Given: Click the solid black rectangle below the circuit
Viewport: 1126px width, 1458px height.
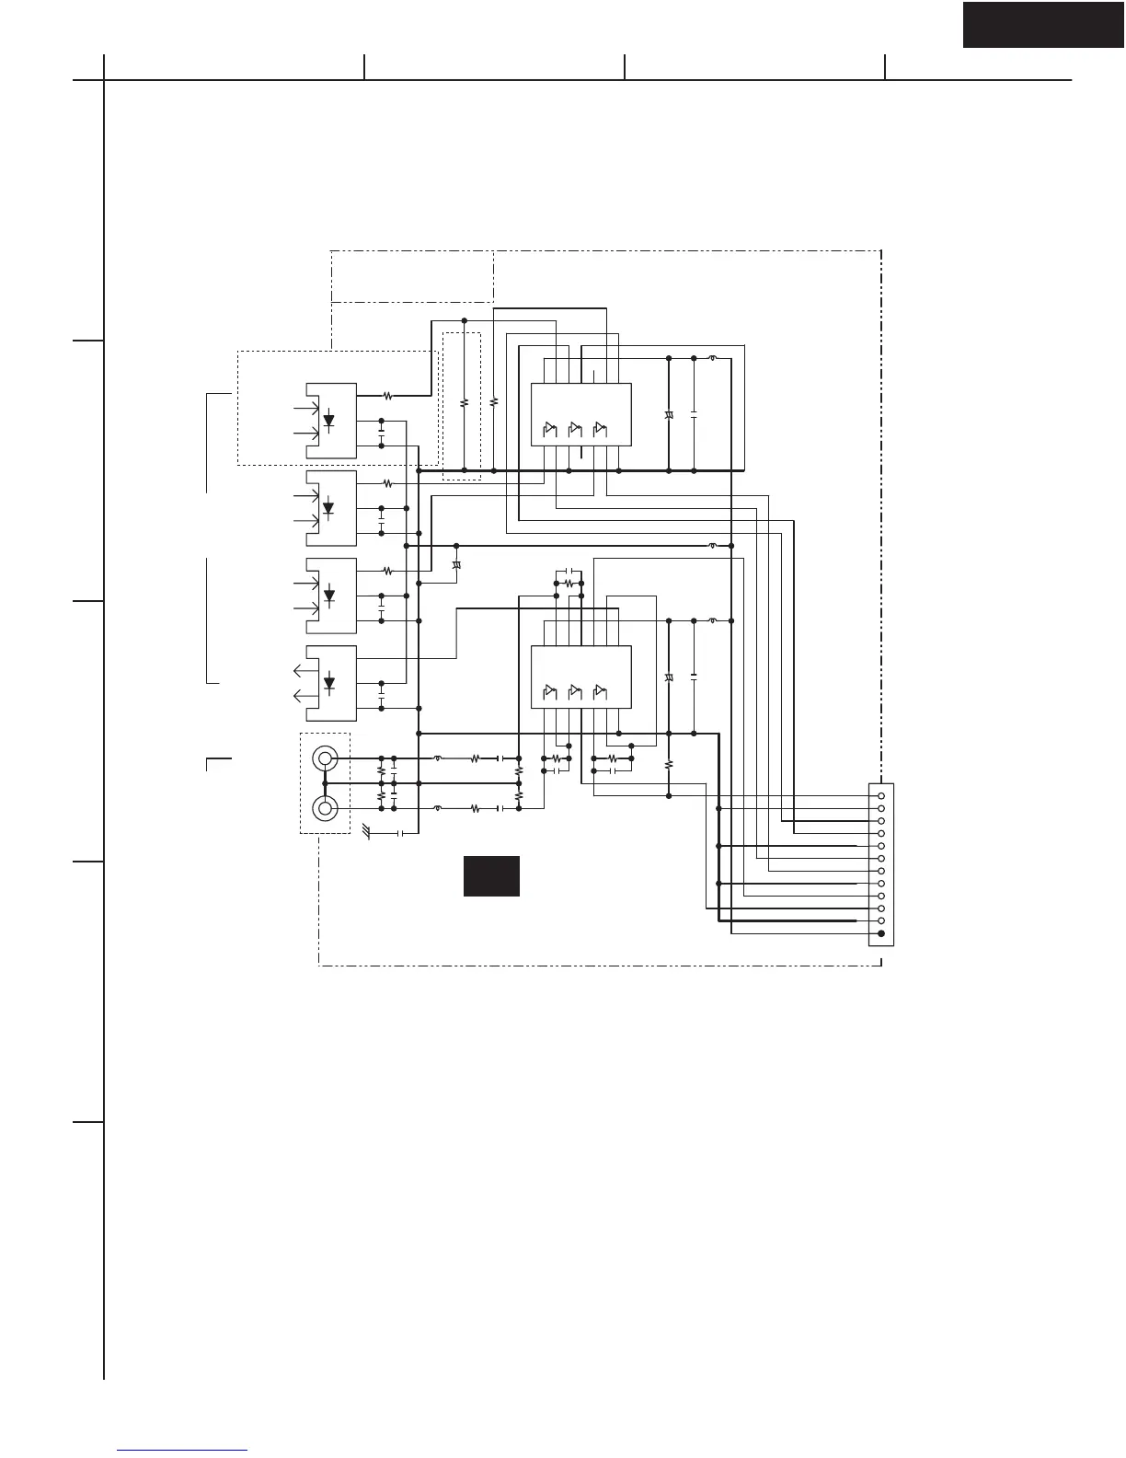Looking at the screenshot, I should tap(491, 875).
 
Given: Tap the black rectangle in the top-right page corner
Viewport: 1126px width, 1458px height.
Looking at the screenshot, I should tap(1043, 24).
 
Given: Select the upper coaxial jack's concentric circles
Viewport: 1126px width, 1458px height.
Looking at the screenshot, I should tap(325, 758).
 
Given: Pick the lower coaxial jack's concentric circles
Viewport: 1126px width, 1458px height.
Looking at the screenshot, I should tap(325, 808).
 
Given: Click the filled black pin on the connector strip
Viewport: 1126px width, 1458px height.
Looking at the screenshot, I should tap(881, 933).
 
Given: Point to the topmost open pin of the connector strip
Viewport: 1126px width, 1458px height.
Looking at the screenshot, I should tap(881, 795).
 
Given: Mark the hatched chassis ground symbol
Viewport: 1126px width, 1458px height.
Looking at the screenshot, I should tap(368, 832).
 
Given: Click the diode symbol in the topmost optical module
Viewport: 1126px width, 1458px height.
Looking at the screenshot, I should tap(328, 421).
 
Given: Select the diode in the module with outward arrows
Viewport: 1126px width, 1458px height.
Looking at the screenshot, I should tap(328, 683).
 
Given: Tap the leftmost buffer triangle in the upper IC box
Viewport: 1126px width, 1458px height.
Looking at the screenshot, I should tap(550, 428).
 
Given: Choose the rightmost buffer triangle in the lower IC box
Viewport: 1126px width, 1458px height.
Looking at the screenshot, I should tap(600, 690).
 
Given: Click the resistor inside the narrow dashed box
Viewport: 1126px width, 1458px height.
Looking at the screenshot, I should tap(464, 402).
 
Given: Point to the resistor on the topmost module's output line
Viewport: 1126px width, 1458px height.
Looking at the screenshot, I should tap(387, 396).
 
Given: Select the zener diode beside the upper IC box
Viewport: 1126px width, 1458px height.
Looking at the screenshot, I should tap(669, 417).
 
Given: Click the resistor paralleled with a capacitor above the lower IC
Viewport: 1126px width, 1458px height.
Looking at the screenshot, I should tap(569, 584).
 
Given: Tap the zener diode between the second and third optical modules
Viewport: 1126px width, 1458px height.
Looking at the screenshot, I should tap(456, 564).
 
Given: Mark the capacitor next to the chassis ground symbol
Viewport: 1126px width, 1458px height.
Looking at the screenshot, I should tap(400, 833).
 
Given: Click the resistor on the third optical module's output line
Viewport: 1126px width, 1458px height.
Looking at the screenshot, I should tap(387, 571).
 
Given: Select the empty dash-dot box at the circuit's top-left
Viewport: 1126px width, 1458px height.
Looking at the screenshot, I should tap(412, 275).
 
